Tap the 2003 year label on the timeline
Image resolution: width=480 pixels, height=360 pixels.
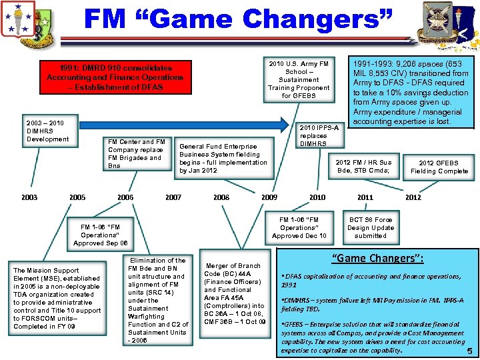click(x=29, y=197)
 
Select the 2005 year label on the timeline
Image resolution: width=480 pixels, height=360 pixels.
click(x=77, y=197)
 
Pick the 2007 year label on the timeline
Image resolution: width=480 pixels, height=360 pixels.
click(x=173, y=197)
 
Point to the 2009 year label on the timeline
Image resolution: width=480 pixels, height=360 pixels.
click(x=269, y=197)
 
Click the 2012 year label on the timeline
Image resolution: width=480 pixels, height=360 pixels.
click(x=413, y=197)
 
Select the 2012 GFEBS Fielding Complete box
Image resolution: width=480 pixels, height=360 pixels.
click(x=439, y=167)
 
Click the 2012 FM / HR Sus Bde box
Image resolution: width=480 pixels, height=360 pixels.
click(x=364, y=167)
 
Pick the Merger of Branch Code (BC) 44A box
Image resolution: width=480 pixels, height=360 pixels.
click(x=235, y=294)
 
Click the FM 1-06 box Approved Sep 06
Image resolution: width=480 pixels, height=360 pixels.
click(x=100, y=235)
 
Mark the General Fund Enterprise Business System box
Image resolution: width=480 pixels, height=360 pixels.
click(x=223, y=159)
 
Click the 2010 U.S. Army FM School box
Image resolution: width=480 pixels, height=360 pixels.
click(x=298, y=80)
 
